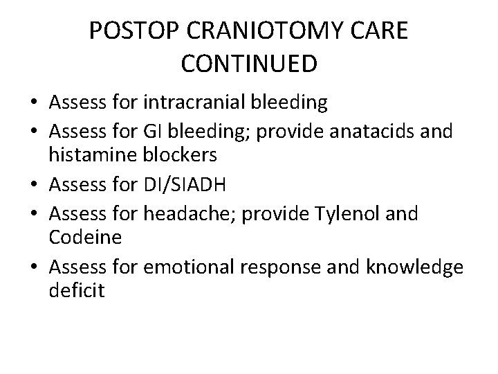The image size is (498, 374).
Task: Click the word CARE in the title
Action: (382, 32)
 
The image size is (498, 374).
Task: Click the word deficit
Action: (77, 292)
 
